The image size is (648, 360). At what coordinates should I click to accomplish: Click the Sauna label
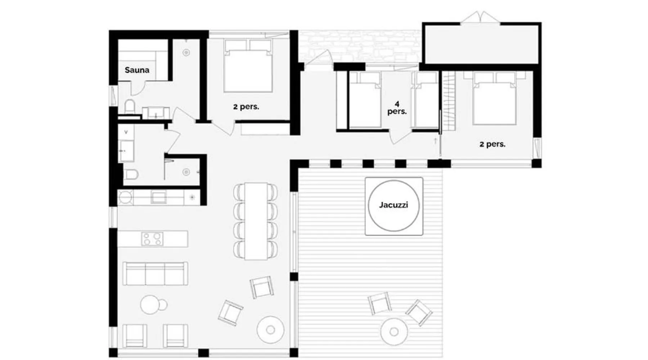tap(137, 70)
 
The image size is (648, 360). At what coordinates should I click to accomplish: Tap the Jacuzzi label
tap(393, 205)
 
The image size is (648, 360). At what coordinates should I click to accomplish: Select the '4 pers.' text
tap(397, 108)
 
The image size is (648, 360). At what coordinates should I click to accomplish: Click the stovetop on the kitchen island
tap(152, 239)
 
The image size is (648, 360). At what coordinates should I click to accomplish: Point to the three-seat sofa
tap(155, 274)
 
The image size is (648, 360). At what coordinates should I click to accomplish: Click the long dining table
tap(256, 221)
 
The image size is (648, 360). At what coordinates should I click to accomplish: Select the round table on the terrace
tap(394, 332)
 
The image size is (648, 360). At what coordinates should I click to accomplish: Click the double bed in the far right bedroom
tap(494, 98)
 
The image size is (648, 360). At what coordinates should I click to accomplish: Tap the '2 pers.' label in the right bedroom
tap(492, 144)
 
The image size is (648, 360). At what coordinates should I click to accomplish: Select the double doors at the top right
tap(480, 18)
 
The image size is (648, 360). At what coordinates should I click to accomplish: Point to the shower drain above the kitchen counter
tap(186, 172)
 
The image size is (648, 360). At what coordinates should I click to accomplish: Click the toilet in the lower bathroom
tap(131, 175)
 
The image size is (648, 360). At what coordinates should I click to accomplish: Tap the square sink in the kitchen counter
tap(158, 197)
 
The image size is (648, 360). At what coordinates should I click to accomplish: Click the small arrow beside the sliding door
tap(436, 141)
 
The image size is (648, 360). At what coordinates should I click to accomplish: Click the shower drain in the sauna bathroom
tap(186, 53)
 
